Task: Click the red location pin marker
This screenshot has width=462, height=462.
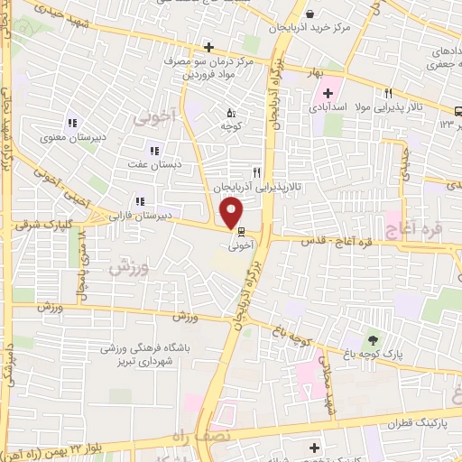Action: (x=233, y=212)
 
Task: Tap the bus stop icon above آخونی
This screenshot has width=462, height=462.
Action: (x=238, y=230)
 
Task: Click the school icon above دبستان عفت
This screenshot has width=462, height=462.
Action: (x=154, y=151)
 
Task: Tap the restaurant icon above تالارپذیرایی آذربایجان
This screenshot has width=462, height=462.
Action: (x=257, y=172)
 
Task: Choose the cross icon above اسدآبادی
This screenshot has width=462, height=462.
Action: (x=328, y=93)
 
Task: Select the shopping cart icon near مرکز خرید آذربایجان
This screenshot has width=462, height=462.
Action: (x=310, y=14)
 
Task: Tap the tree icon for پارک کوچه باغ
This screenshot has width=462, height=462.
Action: (x=372, y=340)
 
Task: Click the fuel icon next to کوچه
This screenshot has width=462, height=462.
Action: (x=230, y=114)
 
